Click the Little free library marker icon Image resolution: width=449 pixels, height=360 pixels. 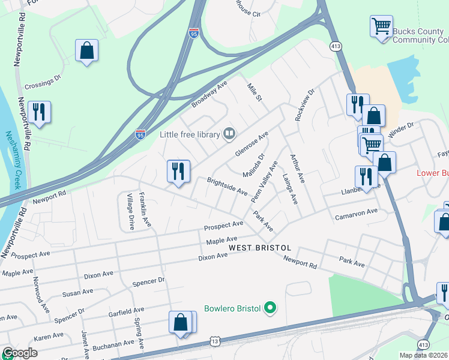[229, 134]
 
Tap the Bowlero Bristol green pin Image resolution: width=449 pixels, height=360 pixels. [270, 308]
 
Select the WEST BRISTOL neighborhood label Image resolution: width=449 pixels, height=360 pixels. [260, 248]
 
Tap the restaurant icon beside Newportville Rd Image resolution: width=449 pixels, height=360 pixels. [39, 112]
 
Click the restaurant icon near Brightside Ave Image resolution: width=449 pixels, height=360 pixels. [178, 172]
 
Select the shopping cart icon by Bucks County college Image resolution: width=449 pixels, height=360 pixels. [381, 27]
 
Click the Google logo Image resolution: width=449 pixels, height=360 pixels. [20, 353]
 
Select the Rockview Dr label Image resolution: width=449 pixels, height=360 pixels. [304, 106]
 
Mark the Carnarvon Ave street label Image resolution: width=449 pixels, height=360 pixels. [356, 214]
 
